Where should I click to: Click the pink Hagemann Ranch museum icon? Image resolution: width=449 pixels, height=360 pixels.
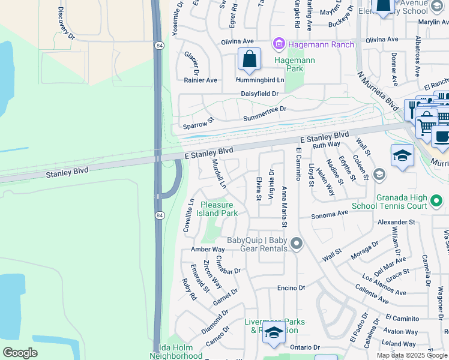(x=279, y=44)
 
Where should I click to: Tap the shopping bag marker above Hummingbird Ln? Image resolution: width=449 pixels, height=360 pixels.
(x=249, y=60)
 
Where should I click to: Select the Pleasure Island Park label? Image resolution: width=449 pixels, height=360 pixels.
(x=220, y=209)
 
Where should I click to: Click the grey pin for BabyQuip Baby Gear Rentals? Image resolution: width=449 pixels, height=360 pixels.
(x=296, y=244)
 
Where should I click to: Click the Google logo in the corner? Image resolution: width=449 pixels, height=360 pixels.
(x=20, y=353)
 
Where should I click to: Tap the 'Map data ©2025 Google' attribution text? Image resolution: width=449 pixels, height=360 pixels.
(x=412, y=355)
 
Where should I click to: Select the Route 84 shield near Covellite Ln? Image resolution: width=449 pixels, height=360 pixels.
(x=159, y=215)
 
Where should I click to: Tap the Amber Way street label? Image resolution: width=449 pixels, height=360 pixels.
(x=207, y=249)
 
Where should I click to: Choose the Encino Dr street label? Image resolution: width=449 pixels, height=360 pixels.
(x=291, y=288)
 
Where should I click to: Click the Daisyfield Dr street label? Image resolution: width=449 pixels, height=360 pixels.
(x=259, y=94)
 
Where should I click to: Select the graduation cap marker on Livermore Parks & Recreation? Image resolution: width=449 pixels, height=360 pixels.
(x=274, y=334)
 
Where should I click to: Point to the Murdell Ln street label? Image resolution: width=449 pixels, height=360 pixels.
(x=219, y=174)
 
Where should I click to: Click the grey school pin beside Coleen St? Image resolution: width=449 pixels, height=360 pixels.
(x=379, y=175)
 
